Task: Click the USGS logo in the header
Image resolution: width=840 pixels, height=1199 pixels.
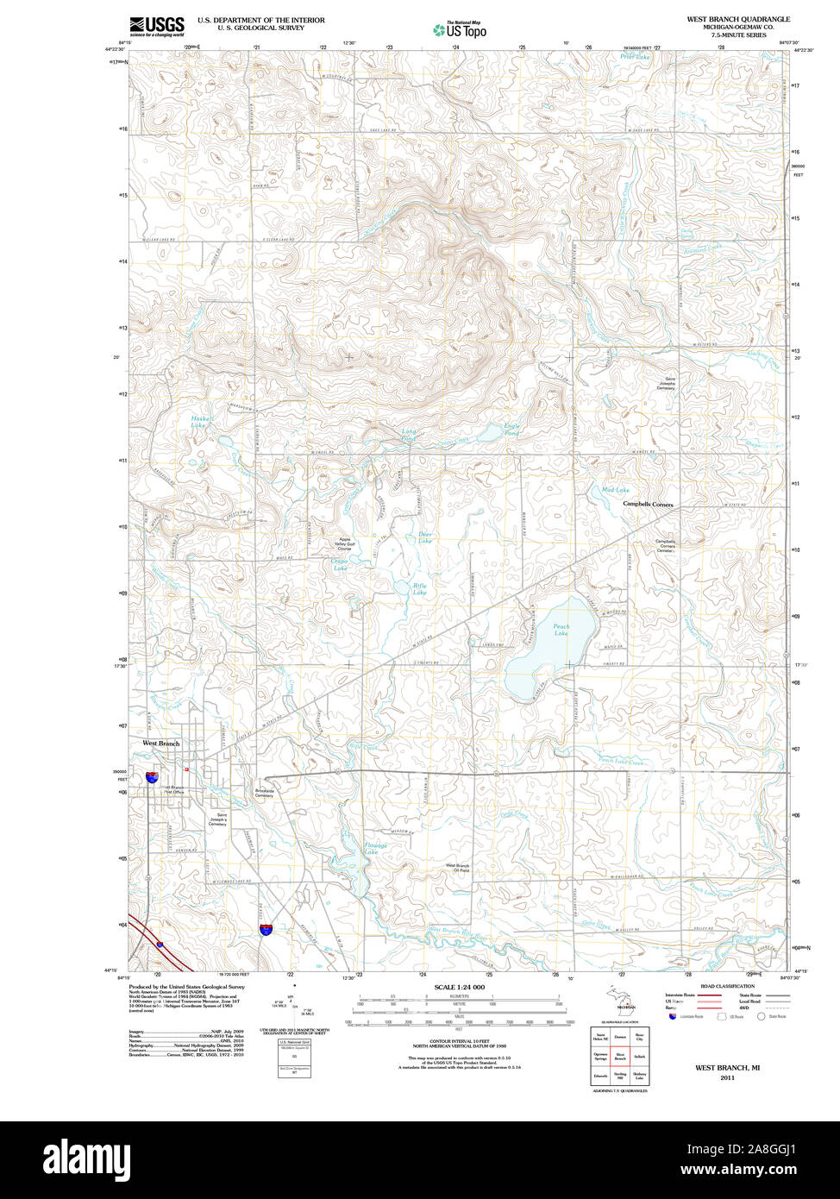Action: pos(156,26)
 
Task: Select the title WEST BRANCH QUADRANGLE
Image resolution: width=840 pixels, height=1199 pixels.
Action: pos(737,19)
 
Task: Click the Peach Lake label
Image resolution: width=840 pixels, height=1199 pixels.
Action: pos(561,631)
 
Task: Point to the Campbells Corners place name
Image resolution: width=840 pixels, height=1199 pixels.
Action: pos(648,505)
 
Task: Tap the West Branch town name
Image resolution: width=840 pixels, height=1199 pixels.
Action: pos(161,743)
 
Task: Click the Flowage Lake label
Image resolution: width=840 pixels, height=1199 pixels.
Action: pos(375,849)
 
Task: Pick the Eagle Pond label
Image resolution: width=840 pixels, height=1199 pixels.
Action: pos(511,429)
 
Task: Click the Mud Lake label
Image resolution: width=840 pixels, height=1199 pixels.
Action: pos(615,490)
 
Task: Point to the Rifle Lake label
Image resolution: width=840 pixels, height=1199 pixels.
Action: pos(419,589)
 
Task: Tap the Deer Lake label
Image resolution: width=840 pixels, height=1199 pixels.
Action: pos(425,537)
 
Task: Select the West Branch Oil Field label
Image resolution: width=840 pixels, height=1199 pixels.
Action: pos(457,868)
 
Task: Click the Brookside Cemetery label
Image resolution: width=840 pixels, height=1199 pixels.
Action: pos(264,792)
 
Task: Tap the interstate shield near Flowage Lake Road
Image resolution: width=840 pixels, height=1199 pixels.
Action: pos(267,929)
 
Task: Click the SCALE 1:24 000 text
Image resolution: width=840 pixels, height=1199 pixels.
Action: pos(459,987)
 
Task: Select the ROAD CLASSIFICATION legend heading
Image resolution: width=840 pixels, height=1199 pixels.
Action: pos(727,986)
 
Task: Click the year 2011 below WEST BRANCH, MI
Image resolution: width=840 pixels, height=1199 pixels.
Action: pos(727,1077)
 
